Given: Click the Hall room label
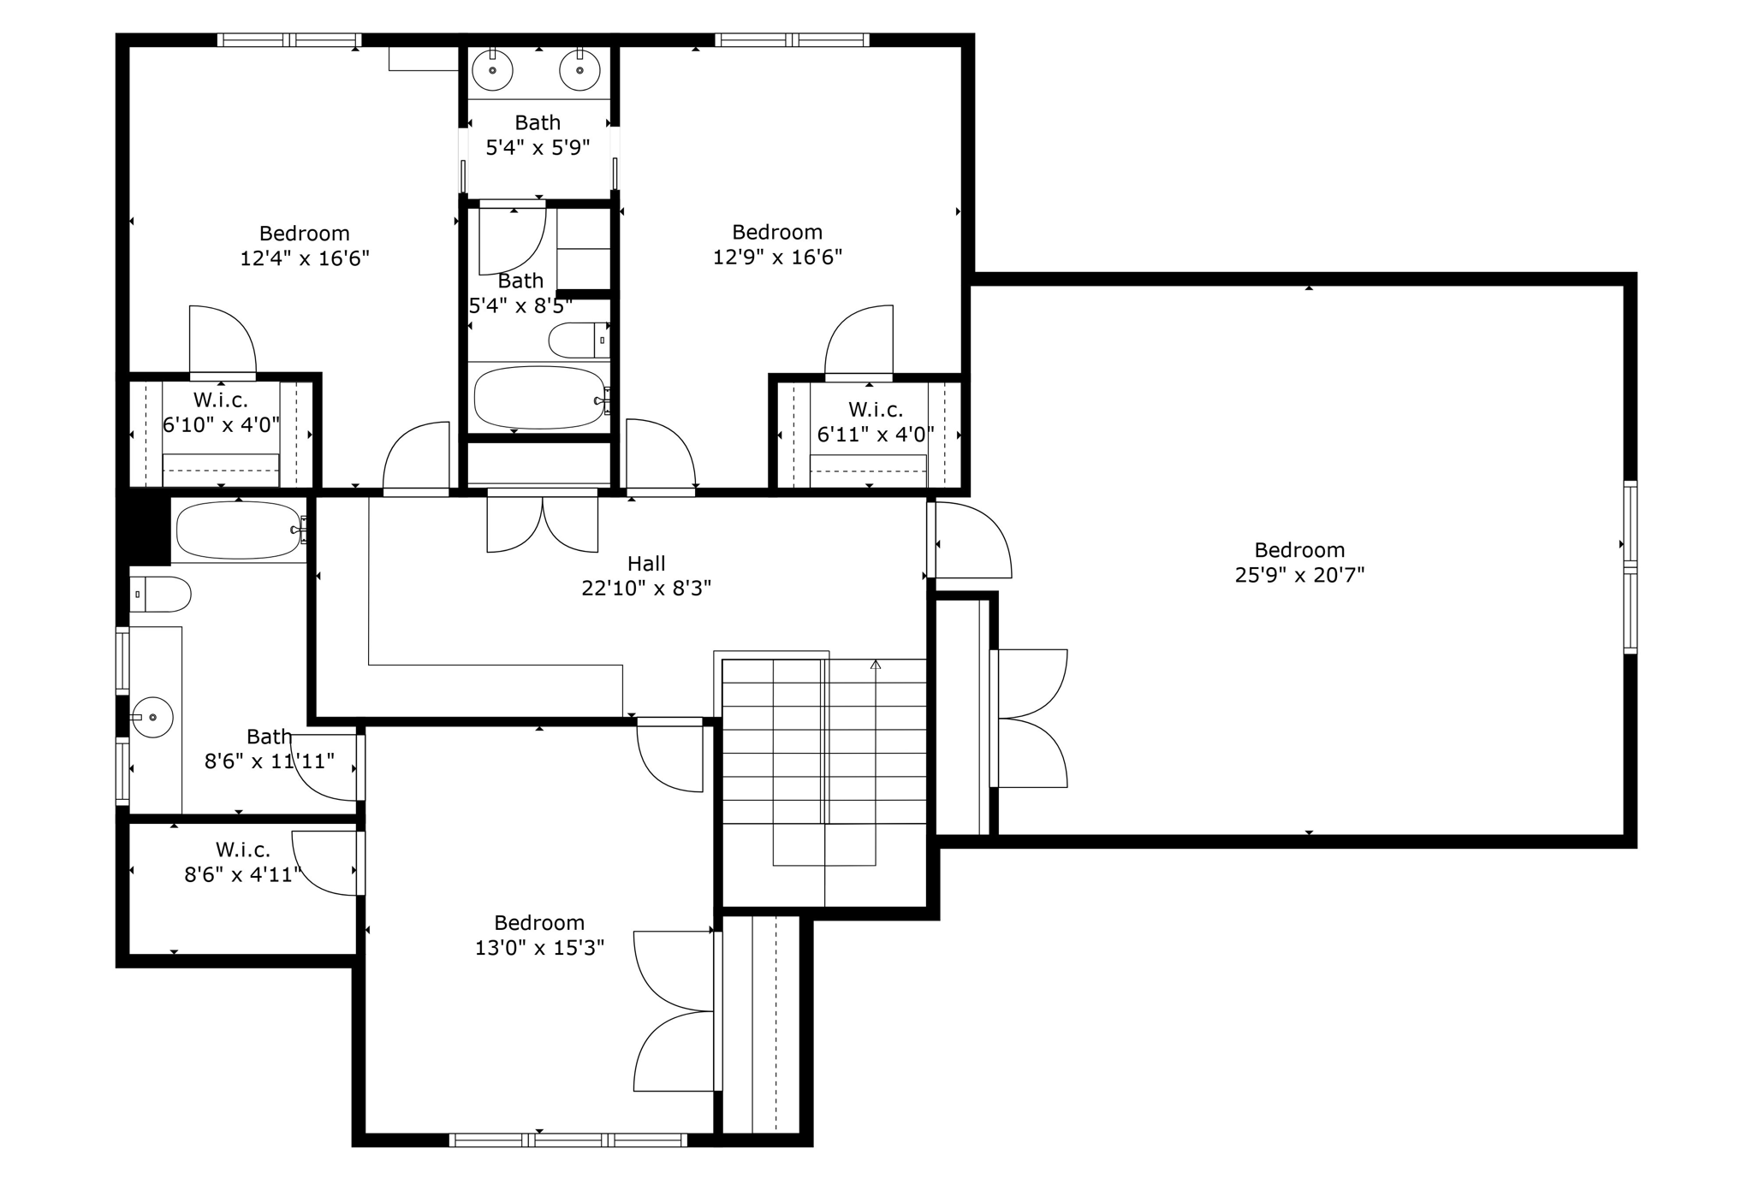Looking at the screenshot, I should click(646, 564).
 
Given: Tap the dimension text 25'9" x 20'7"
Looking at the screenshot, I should click(1299, 575).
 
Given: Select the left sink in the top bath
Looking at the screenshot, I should click(493, 70).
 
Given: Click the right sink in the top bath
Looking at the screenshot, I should click(579, 70).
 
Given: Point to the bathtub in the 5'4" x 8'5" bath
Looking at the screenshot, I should click(539, 398).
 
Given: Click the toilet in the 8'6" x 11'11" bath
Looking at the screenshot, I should click(160, 594).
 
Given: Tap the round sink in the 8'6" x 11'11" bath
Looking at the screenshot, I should click(153, 717).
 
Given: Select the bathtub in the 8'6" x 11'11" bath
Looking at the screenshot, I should click(238, 530).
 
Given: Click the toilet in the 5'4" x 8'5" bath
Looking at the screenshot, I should click(578, 340).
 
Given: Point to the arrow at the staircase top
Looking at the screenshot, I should click(876, 664).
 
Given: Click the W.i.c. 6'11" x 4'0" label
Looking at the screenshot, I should click(876, 410).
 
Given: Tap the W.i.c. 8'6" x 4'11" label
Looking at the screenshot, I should click(243, 850).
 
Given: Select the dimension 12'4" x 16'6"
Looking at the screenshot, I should click(305, 258).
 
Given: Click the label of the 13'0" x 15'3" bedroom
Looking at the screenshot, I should click(539, 923).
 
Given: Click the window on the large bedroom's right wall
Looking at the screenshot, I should click(1631, 567).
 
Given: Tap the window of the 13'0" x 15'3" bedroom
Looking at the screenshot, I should click(568, 1140).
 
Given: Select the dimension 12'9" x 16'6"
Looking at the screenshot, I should click(778, 257).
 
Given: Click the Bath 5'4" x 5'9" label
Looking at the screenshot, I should click(538, 122).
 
